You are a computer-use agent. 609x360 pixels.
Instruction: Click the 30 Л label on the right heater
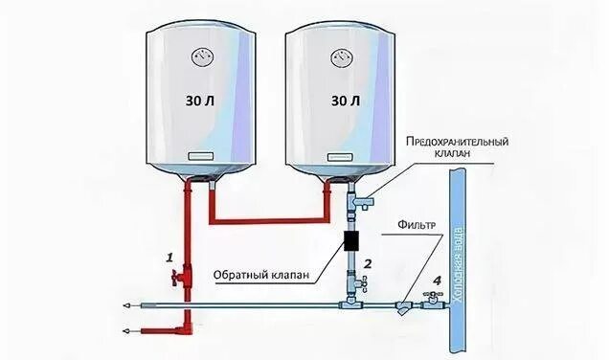pos(345,99)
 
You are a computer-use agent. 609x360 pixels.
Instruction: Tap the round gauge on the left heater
pos(200,56)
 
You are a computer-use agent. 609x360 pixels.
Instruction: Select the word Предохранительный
pos(456,142)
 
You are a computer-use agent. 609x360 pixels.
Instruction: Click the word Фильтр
pos(419,227)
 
